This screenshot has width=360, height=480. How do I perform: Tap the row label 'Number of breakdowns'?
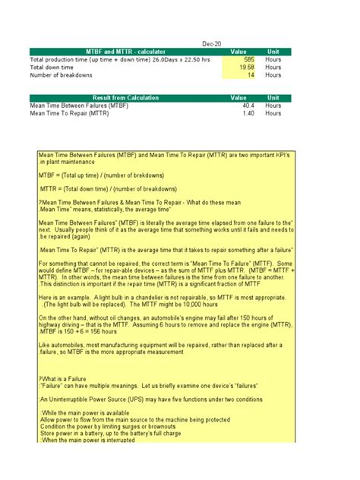click(x=62, y=75)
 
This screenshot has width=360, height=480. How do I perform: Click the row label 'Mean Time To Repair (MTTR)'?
click(x=69, y=113)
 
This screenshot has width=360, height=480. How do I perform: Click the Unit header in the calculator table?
click(x=273, y=51)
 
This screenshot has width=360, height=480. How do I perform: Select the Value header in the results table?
click(x=238, y=97)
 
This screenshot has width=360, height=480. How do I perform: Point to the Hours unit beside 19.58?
click(x=273, y=67)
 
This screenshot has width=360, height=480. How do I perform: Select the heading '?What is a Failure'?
click(x=66, y=377)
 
